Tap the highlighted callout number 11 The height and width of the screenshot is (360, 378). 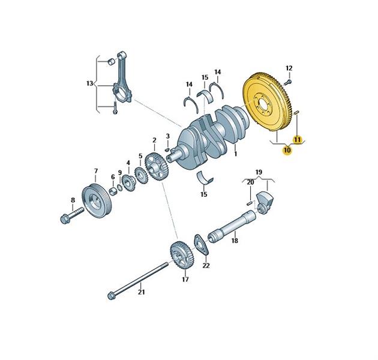297,140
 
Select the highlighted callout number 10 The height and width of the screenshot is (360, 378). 287,150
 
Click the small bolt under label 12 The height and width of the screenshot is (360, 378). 288,82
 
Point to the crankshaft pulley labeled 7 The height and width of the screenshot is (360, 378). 97,200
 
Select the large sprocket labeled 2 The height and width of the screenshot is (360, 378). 157,166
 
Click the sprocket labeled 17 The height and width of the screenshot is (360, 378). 182,256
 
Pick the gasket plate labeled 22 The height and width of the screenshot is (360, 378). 201,244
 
